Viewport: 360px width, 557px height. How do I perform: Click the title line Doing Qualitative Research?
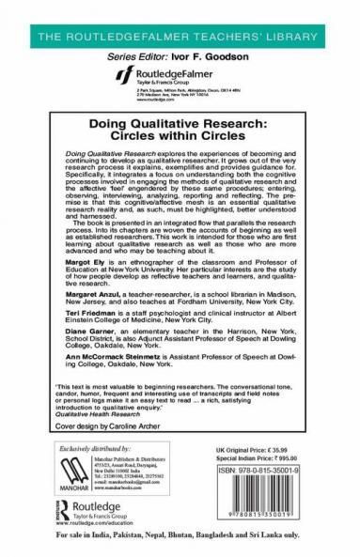(x=180, y=122)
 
